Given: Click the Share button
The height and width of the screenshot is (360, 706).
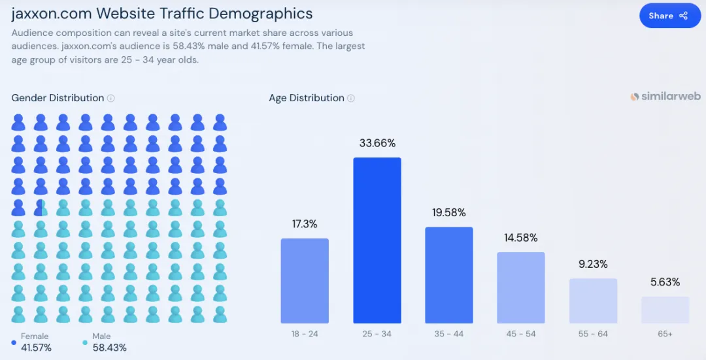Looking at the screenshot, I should [x=669, y=16].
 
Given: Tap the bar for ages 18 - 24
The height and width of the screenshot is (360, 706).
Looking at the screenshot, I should [x=305, y=281].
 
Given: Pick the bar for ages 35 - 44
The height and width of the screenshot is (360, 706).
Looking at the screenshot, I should [x=449, y=275].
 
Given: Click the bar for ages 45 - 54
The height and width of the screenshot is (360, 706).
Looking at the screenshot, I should [x=521, y=287].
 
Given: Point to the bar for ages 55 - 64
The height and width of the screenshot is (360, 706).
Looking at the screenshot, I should [x=593, y=301].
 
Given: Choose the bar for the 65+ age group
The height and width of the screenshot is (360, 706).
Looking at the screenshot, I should [x=665, y=310].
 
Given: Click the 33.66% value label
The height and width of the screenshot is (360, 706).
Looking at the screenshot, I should [x=377, y=143].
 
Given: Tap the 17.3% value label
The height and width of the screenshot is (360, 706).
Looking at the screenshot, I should [x=305, y=224].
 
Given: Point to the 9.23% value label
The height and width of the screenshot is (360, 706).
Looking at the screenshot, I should [x=593, y=265].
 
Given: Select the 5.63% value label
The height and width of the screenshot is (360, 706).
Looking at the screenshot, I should [x=665, y=282].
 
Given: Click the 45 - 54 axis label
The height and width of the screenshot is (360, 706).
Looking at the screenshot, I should [x=521, y=334].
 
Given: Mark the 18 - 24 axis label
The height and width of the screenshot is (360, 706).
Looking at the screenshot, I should [x=305, y=334].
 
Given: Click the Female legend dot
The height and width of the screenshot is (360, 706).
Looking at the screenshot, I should [x=14, y=342].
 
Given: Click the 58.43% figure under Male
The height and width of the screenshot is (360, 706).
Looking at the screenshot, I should [x=110, y=348].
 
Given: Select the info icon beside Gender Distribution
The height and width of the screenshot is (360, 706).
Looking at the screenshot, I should [x=111, y=98].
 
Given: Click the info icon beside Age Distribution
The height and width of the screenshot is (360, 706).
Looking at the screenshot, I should [x=351, y=98].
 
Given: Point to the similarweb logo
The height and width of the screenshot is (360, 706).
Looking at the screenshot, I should [x=665, y=96].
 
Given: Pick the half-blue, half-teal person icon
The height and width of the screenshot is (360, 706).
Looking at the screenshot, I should [x=41, y=208].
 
